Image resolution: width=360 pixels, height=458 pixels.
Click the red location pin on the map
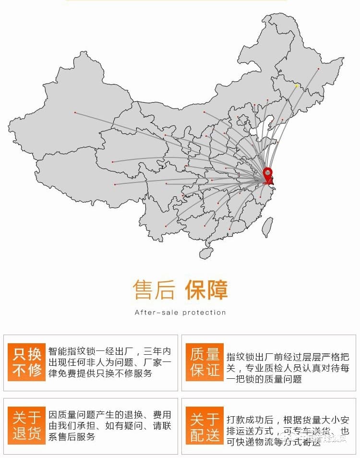point(268,174)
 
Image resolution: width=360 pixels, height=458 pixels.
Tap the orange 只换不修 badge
point(27,362)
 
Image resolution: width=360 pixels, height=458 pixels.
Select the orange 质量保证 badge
point(205,362)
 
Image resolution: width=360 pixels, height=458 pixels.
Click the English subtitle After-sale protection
point(180,313)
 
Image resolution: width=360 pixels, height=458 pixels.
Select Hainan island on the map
point(206,252)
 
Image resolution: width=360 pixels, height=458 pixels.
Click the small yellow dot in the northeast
point(297,86)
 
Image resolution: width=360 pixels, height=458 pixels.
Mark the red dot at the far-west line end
point(75,112)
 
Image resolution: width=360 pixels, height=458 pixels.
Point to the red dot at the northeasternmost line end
point(318,69)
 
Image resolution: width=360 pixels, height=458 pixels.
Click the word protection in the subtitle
point(204,313)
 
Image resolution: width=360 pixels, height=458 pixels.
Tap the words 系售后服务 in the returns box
point(72,436)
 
